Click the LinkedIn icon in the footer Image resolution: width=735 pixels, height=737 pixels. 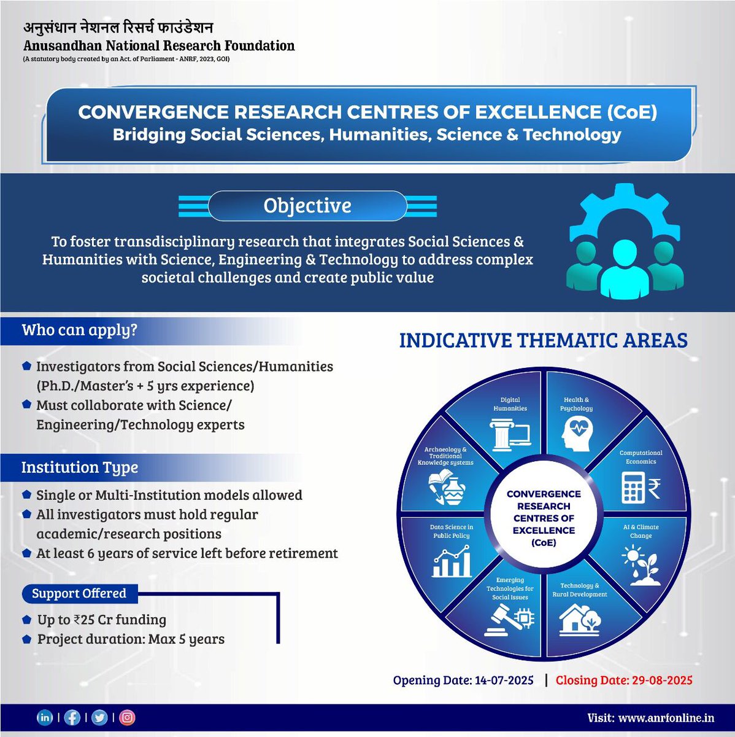click(45, 717)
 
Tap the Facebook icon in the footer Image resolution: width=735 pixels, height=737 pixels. click(72, 717)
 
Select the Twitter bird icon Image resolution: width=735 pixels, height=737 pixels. click(99, 717)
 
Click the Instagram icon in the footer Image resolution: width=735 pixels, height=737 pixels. click(127, 717)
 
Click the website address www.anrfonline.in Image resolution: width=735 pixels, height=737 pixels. click(666, 718)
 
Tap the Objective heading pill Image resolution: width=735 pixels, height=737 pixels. click(307, 206)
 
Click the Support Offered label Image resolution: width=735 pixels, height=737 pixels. click(79, 593)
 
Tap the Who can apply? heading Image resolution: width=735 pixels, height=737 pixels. click(79, 330)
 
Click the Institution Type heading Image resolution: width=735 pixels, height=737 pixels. click(80, 467)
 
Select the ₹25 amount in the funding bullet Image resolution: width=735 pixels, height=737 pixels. click(87, 620)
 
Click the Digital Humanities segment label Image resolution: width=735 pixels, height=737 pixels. click(510, 404)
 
